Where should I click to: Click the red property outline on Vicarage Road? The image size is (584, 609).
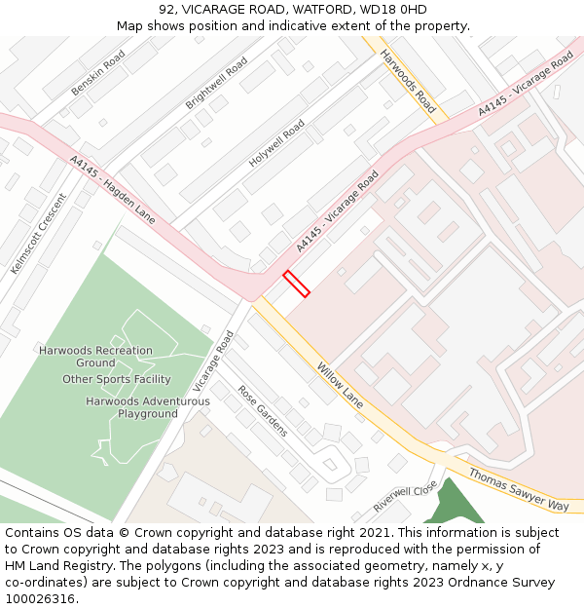coord(296,284)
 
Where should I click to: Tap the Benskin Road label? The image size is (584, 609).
coord(98,74)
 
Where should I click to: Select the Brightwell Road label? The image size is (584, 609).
coord(216,83)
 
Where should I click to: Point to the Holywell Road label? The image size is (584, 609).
coord(276,143)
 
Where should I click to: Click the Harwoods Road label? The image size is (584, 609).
coord(408,81)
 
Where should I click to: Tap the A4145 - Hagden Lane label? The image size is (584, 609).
coord(113,189)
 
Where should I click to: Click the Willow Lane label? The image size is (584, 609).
coord(340,385)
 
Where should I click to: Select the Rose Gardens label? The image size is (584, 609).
coord(262,410)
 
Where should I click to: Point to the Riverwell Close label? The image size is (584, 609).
coord(405,498)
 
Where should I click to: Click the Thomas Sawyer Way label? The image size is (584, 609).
coord(518,489)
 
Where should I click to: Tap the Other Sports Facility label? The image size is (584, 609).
coord(117,379)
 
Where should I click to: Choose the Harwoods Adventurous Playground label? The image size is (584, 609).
coord(148,407)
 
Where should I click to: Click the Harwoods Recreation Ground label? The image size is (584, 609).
coord(95,357)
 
